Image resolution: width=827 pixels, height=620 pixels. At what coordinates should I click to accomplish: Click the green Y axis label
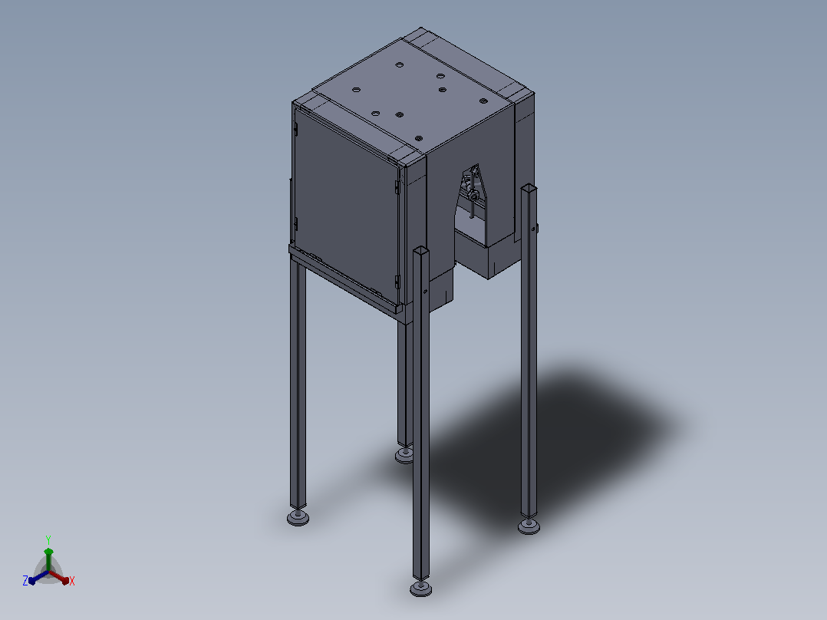pos(48,539)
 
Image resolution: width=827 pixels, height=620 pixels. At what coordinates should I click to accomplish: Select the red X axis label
pos(72,581)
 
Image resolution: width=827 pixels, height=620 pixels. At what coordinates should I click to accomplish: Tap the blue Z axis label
pos(25,581)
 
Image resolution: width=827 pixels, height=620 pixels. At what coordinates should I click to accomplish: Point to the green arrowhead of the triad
pos(48,552)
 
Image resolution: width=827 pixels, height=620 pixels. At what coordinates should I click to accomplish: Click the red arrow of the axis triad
pos(59,577)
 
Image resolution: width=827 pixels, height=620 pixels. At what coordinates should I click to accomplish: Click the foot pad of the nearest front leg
pos(421,589)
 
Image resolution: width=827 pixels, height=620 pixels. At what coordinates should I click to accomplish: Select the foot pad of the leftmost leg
pos(298,518)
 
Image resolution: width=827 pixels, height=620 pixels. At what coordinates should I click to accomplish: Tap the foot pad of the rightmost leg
pos(529,526)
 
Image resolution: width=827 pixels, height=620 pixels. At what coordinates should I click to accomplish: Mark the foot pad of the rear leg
pos(404,455)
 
